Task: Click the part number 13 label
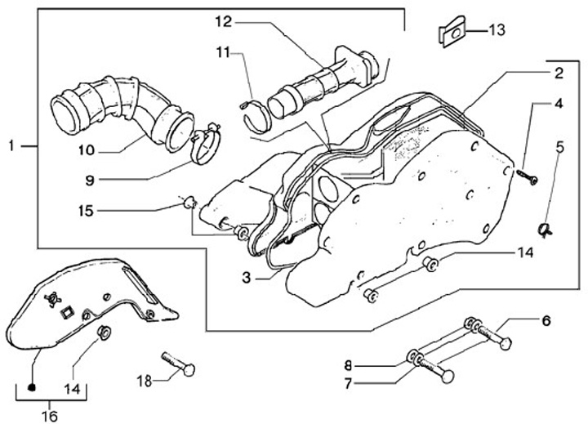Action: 497,30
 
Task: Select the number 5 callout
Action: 559,147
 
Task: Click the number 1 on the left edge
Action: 11,145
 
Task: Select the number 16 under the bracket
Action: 50,416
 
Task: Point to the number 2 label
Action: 557,74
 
